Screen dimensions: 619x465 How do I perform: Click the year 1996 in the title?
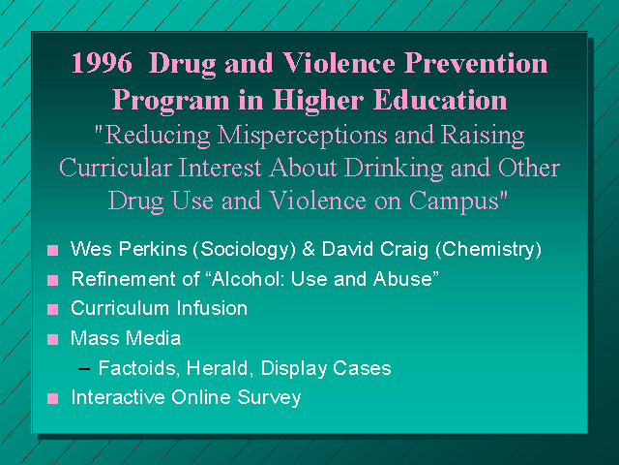102,63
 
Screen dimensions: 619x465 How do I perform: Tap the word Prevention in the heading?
476,63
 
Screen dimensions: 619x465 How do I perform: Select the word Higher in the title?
317,100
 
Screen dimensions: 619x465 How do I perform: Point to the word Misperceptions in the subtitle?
302,136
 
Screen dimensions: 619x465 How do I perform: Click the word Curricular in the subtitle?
115,168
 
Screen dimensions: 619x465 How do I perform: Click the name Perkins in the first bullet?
153,249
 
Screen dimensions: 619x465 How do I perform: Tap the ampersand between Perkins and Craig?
309,250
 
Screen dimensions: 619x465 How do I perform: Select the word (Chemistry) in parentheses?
488,250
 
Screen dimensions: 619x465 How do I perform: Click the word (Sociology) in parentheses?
244,250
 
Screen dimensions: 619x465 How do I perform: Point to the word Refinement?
123,279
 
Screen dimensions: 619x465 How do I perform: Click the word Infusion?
212,308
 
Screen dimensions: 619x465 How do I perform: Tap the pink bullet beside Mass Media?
52,340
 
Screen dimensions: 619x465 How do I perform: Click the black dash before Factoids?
84,369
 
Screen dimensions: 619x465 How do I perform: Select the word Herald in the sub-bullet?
217,368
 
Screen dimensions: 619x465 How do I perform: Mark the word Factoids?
139,368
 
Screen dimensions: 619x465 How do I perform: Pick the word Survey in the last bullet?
269,398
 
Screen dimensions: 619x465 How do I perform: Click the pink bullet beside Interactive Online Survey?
52,398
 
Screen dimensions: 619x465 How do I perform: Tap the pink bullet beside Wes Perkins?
52,251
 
